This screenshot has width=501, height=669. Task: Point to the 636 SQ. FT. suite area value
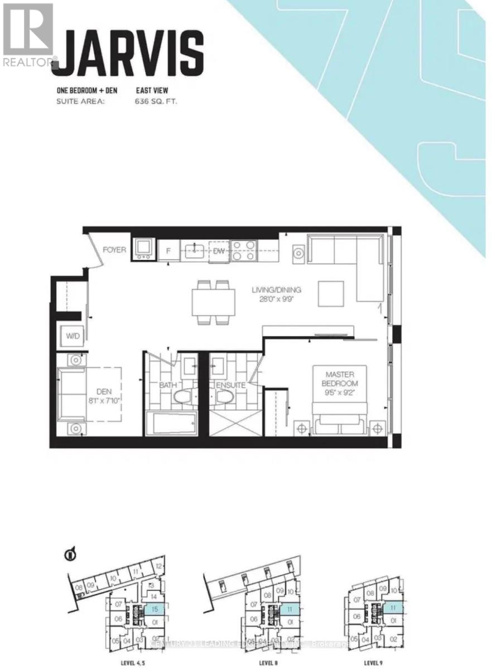coord(157,101)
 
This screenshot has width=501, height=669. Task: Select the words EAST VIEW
coord(152,90)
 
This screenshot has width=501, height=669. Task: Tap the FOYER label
coord(114,250)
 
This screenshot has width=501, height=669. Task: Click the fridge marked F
coord(168,250)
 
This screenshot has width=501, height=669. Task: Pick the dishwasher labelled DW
coord(218,250)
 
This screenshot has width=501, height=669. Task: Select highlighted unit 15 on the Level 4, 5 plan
coord(153,610)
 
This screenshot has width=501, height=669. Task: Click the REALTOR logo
coord(28,33)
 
